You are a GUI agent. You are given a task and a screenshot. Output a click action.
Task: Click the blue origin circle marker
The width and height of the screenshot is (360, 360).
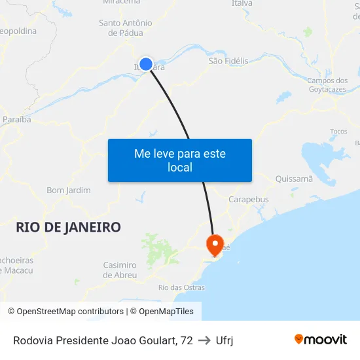pos(146,64)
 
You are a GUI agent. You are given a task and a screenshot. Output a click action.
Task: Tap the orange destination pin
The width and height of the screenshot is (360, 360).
pos(214,245)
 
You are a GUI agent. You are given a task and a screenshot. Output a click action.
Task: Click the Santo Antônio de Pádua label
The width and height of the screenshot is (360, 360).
pos(126,27)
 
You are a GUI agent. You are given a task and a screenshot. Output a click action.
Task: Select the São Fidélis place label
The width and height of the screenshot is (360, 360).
pos(228,61)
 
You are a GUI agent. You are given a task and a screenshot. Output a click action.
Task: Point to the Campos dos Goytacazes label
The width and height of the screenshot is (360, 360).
pos(327,85)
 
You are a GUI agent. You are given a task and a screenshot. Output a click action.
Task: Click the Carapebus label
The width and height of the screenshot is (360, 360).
pos(248,199)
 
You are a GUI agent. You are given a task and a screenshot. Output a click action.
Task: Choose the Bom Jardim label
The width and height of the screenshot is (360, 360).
pos(69,190)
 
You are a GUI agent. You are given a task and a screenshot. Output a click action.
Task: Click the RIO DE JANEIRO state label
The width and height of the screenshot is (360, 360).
pos(68,227)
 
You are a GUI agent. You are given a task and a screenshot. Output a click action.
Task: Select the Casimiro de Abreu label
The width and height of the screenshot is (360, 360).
pos(120,270)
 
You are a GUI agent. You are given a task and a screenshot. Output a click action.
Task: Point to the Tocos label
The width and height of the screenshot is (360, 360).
pos(338,131)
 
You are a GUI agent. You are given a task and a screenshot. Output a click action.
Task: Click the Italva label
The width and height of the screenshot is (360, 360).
pos(242,4)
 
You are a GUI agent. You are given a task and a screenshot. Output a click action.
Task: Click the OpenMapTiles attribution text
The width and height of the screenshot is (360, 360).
pos(166,312)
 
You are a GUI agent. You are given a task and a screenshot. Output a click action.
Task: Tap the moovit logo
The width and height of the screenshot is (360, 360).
pos(321,339)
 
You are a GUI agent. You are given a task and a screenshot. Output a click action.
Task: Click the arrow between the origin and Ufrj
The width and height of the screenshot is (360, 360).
pos(204,340)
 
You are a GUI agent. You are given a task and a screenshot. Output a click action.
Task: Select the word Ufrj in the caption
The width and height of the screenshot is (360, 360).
pos(225,340)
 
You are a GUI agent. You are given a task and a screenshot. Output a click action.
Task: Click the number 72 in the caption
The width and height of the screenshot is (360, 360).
pos(187,340)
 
